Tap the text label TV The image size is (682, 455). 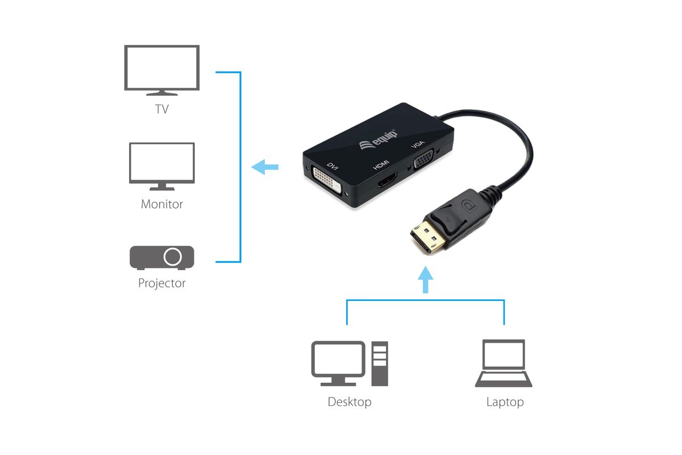click(x=161, y=109)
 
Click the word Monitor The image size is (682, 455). click(x=161, y=204)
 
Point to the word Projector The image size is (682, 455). click(x=161, y=283)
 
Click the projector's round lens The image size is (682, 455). click(x=173, y=257)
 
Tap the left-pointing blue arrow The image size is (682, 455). click(x=265, y=167)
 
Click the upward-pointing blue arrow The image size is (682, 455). click(x=425, y=280)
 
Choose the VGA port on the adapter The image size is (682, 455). click(x=423, y=158)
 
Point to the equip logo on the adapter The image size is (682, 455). click(x=379, y=140)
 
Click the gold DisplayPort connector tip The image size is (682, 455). click(x=427, y=237)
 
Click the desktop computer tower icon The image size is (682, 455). click(x=380, y=363)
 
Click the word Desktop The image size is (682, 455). click(x=350, y=402)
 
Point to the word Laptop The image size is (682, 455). click(x=505, y=402)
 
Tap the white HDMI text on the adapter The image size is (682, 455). click(x=381, y=164)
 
